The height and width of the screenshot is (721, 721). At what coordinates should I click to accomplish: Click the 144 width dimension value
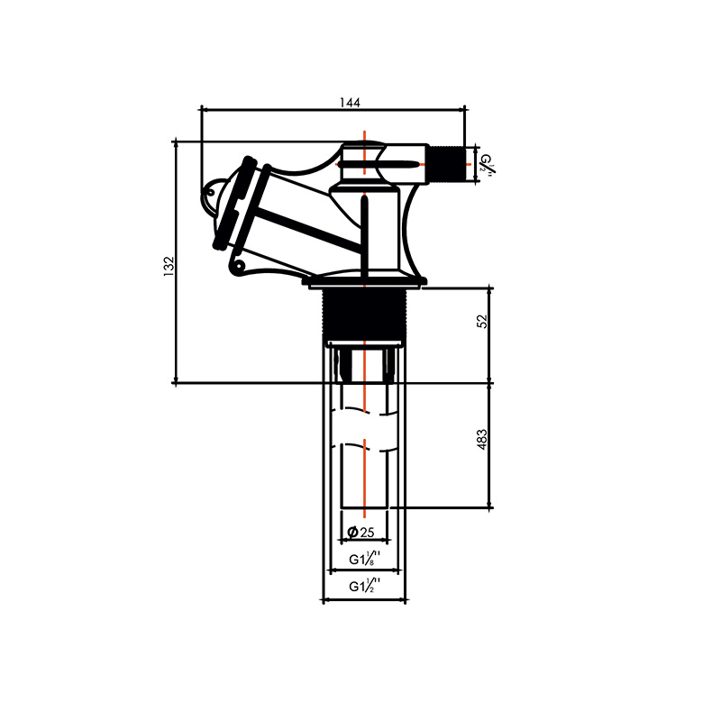pos(351,103)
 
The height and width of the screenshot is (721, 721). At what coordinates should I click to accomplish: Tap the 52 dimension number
pos(482,321)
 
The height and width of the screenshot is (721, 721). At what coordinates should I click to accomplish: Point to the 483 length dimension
pos(482,439)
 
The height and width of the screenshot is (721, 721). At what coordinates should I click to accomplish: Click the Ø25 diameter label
pos(364,533)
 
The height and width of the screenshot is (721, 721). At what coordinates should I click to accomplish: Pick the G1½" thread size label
pos(364,587)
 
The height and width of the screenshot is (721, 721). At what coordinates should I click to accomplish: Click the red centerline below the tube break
pos(363,478)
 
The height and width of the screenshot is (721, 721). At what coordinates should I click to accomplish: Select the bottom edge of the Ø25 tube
pos(364,508)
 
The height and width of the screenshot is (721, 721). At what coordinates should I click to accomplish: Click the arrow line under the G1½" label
pos(364,599)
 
